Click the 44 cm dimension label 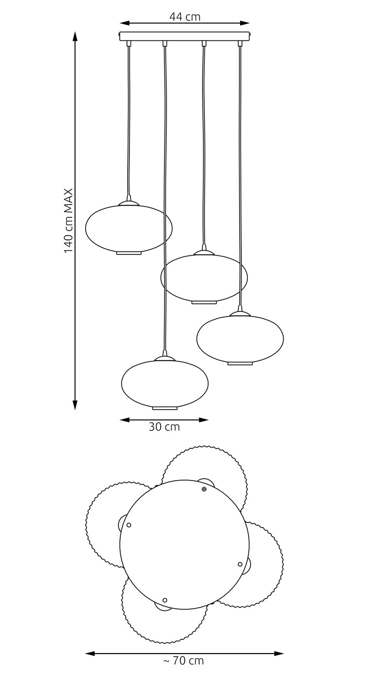click(184, 17)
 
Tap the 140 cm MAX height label click(68, 221)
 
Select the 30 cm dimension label click(164, 427)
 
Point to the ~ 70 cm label click(184, 660)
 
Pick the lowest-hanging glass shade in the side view click(165, 383)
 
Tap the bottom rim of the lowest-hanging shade click(165, 408)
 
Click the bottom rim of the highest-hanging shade click(129, 253)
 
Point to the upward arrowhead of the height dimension click(75, 36)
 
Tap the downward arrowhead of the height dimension click(75, 405)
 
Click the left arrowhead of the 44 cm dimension click(124, 23)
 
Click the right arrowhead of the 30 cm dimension click(203, 420)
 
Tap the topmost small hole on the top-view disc click(204, 489)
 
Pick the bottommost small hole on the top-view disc click(165, 600)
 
